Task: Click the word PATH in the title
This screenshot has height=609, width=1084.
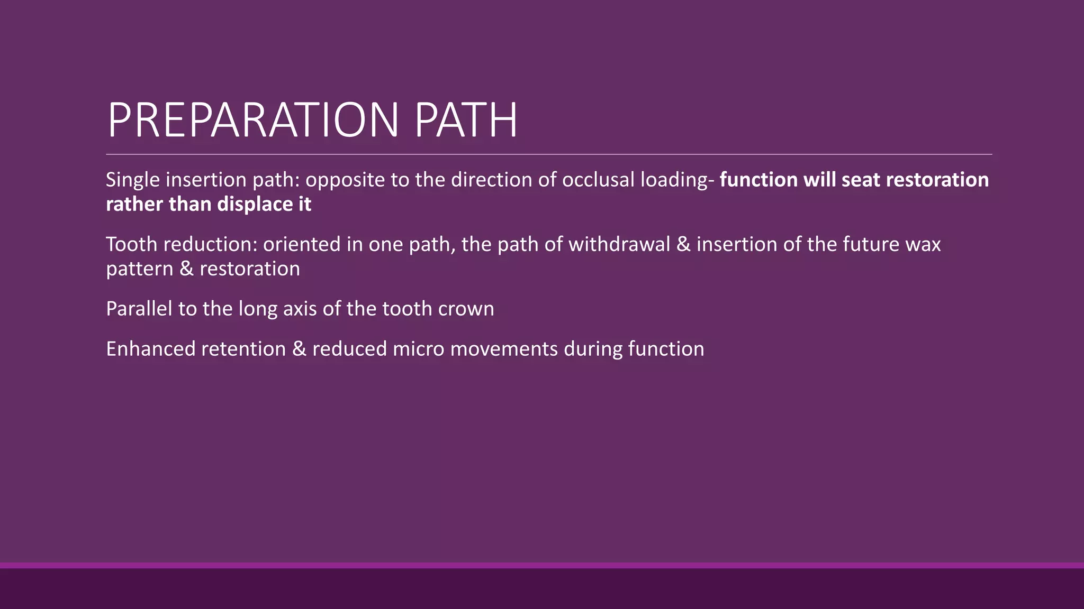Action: (x=465, y=121)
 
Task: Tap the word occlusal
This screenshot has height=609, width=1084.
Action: (x=598, y=180)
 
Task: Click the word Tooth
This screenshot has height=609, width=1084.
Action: (x=132, y=244)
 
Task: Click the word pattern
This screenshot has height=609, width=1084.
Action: (x=140, y=269)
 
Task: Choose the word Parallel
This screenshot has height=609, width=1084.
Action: (x=139, y=309)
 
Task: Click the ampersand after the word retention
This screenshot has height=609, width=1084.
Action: (x=299, y=349)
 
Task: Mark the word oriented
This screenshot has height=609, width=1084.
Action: (x=302, y=244)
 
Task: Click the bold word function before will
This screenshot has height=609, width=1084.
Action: (x=758, y=180)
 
